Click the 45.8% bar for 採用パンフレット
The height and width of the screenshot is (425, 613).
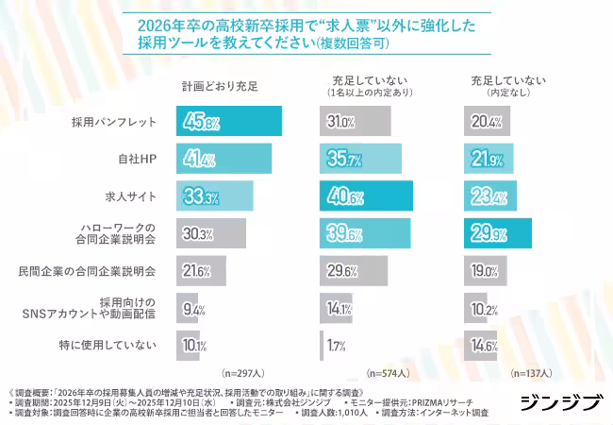pyautogui.click(x=228, y=122)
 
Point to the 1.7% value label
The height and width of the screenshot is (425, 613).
pyautogui.click(x=335, y=345)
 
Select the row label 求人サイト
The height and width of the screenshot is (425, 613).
pyautogui.click(x=129, y=196)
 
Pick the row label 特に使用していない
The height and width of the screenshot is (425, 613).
pyautogui.click(x=110, y=345)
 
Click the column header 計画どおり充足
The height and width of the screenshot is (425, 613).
pyautogui.click(x=220, y=86)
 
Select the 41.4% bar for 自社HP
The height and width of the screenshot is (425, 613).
pyautogui.click(x=224, y=159)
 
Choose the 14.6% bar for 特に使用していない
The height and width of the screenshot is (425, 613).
pyautogui.click(x=481, y=345)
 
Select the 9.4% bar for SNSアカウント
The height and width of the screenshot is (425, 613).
pyautogui.click(x=187, y=308)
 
